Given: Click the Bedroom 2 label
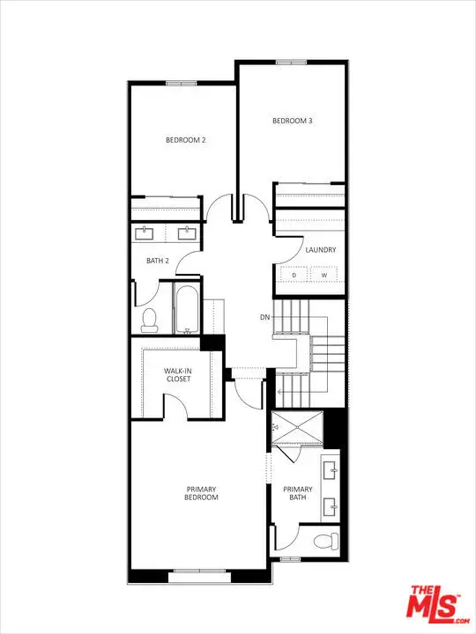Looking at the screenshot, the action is [x=186, y=140].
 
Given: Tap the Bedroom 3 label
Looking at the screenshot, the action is [x=293, y=121].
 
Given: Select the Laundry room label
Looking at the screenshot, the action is [x=321, y=250].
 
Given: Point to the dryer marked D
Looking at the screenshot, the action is [x=294, y=275].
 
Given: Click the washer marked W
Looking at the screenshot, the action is [x=324, y=275].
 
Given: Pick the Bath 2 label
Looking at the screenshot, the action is [x=158, y=261].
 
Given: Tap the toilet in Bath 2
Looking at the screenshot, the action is [x=149, y=320].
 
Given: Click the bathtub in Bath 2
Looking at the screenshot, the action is [x=187, y=310].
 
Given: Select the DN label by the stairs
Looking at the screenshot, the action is [x=264, y=317].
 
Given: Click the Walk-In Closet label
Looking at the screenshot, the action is [x=178, y=375].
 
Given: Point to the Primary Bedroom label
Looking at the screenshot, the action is [x=201, y=493].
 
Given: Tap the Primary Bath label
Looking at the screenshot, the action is [x=298, y=493].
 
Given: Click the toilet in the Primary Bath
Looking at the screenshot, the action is [x=326, y=541].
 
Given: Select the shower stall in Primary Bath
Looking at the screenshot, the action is [x=298, y=428].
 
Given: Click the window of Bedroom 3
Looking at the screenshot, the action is [x=292, y=63].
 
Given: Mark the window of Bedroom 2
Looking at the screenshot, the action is [x=181, y=84].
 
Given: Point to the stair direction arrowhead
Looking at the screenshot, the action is [x=279, y=391].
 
